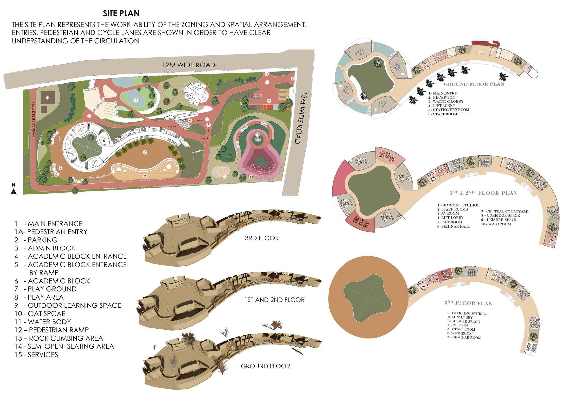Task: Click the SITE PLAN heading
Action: point(121,13)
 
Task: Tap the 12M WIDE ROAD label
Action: point(189,65)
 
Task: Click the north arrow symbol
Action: point(13,190)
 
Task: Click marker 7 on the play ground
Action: point(144,152)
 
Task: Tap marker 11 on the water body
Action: point(136,100)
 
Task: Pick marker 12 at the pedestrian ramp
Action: point(257,134)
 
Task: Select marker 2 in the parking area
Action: point(269,101)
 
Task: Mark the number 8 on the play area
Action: point(144,176)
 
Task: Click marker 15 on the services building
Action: point(48,97)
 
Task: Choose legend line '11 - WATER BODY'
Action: point(42,322)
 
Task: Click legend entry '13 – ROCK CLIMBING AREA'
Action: point(59,338)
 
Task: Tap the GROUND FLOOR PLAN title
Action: point(474,84)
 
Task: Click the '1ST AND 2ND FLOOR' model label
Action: point(274,300)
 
